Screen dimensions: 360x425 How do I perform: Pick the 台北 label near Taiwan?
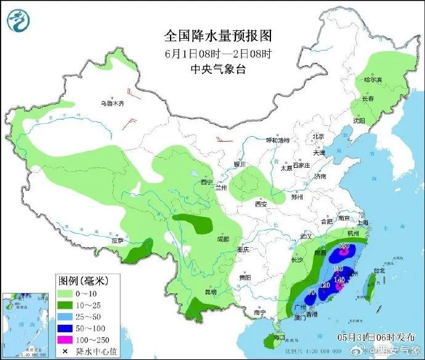click(x=378, y=270)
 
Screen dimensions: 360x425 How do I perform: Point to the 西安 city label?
click(x=261, y=204)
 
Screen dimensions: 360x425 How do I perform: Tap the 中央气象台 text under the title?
click(x=218, y=69)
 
